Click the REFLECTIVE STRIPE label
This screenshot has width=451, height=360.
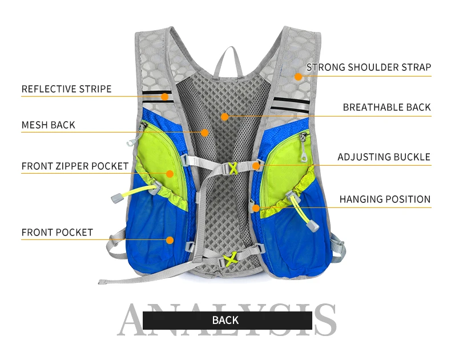66,89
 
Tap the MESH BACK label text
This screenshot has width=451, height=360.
48,125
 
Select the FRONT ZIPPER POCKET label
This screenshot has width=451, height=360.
75,166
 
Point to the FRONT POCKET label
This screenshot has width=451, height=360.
57,233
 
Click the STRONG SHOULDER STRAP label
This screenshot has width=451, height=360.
368,67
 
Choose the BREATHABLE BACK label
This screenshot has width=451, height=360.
386,107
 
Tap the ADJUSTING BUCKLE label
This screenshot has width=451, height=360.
384,157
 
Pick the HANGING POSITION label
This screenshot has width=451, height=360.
385,199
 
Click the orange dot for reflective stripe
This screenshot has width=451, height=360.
164,97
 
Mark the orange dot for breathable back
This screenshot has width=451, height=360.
225,117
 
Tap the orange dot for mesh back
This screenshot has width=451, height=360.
204,133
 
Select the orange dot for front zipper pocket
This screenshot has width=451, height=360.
170,173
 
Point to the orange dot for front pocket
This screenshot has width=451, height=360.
170,240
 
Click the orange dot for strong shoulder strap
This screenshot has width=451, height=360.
297,76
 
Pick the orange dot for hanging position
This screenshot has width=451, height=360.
256,208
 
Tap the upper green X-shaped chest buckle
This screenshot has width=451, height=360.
233,168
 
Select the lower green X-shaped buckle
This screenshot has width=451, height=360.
231,260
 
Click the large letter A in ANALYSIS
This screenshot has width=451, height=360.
137,320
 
